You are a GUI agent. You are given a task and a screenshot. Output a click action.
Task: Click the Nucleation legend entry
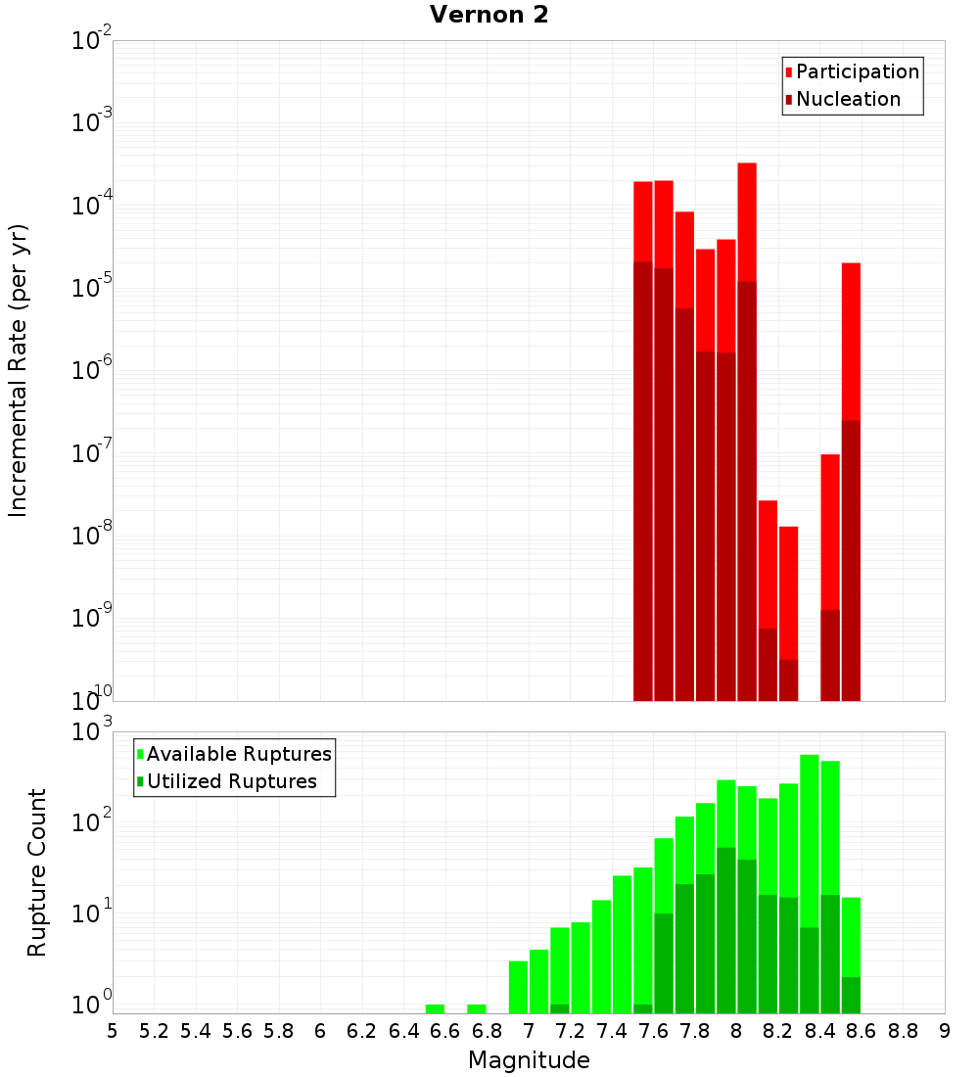click(x=848, y=99)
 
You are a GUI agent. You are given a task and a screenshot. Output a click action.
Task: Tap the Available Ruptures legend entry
click(x=239, y=754)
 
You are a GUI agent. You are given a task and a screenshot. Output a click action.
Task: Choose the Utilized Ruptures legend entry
click(x=231, y=781)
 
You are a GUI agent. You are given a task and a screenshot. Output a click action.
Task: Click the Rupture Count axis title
click(x=37, y=871)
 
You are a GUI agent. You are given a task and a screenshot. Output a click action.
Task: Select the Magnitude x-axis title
click(x=529, y=1059)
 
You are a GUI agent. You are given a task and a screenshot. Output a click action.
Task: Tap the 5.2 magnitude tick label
click(x=155, y=1031)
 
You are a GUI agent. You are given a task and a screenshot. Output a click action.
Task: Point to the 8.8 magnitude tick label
click(x=903, y=1031)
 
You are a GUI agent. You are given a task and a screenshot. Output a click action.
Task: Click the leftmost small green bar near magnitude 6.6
click(x=435, y=1008)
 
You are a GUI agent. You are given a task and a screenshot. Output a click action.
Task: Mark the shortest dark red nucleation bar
click(x=788, y=679)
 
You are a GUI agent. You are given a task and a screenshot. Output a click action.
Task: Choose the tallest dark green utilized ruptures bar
click(x=726, y=930)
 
